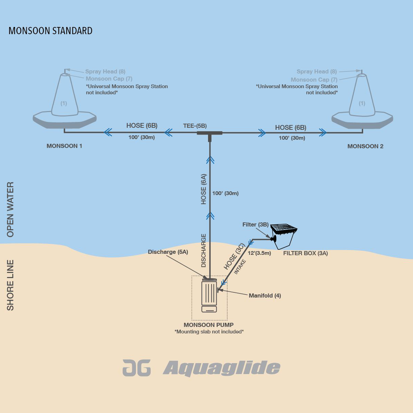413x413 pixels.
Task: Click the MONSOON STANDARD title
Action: [x=51, y=31]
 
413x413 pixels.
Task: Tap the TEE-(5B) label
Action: [x=195, y=126]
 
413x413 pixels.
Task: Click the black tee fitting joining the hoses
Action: [x=210, y=134]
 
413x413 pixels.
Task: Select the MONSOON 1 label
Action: [x=64, y=146]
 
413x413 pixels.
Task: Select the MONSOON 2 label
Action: [x=365, y=146]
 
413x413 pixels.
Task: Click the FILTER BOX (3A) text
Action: [x=305, y=253]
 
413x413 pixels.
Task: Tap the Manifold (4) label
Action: [x=265, y=295]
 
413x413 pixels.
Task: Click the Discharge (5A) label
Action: [x=168, y=252]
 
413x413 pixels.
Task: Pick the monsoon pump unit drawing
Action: [x=209, y=295]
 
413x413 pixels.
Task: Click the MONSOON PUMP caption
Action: [x=208, y=325]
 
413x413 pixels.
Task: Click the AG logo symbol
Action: [x=137, y=368]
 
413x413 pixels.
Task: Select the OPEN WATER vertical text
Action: [x=11, y=209]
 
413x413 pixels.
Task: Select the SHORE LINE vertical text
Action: [x=11, y=285]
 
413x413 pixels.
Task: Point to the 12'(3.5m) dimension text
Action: [x=259, y=253]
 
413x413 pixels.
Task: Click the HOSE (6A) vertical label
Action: [x=204, y=189]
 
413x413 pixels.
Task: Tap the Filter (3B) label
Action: [x=255, y=224]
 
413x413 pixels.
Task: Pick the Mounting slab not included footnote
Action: [x=209, y=332]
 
